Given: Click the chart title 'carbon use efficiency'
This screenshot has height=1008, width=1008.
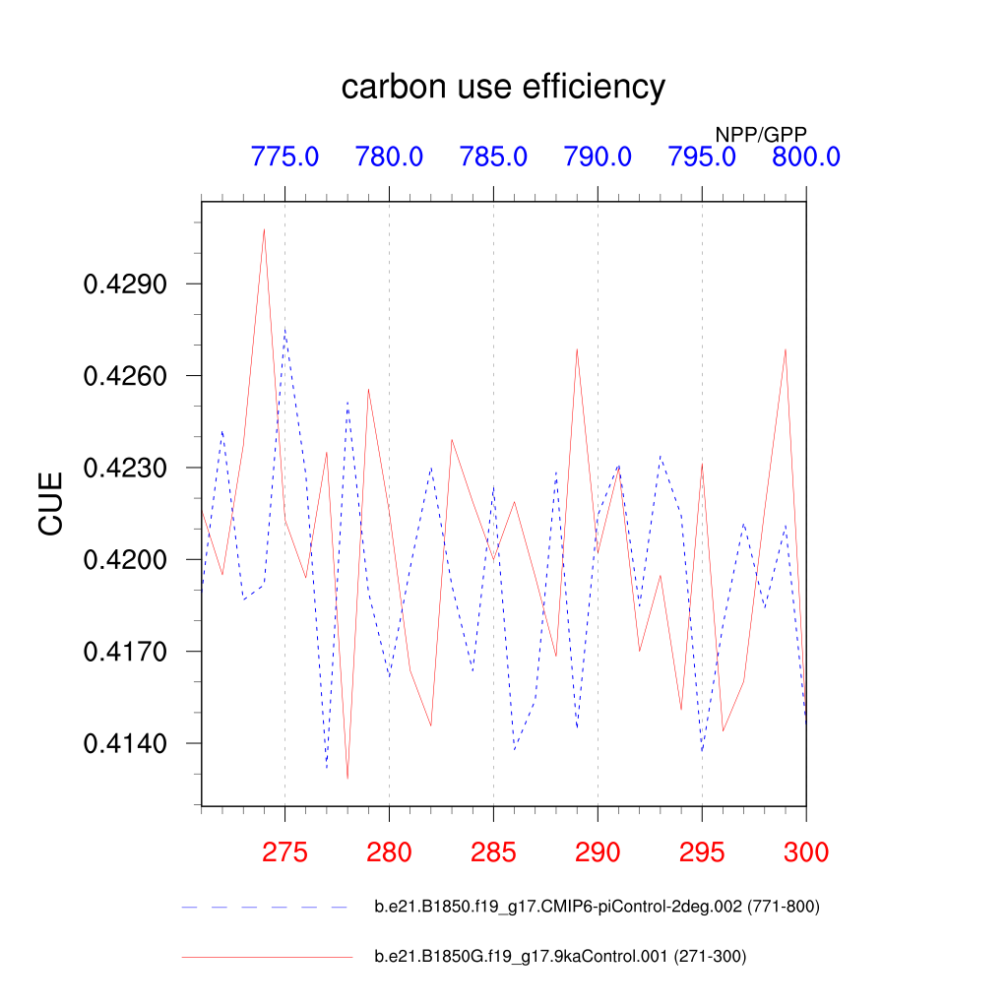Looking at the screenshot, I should [503, 88].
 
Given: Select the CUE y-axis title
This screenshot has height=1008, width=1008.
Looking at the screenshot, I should [51, 503].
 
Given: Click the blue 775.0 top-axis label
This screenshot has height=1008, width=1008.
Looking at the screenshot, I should [284, 157].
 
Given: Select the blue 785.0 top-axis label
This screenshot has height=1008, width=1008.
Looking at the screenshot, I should [493, 157].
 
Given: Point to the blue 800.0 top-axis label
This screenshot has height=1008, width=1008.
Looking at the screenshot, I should [805, 157].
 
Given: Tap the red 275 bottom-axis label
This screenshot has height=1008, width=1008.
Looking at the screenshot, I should [284, 852].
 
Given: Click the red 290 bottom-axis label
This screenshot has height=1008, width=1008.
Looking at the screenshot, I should [598, 852].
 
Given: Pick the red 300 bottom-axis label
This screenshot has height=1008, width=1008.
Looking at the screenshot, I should [805, 852].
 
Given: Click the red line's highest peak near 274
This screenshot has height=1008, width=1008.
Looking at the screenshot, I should [264, 229].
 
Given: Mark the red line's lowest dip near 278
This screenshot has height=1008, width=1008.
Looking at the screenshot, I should [347, 779].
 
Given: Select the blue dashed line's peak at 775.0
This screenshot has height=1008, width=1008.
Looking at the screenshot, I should [284, 330].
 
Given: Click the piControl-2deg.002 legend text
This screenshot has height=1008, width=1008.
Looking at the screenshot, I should [597, 907].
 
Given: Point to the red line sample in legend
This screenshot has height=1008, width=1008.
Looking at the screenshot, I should [266, 956].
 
